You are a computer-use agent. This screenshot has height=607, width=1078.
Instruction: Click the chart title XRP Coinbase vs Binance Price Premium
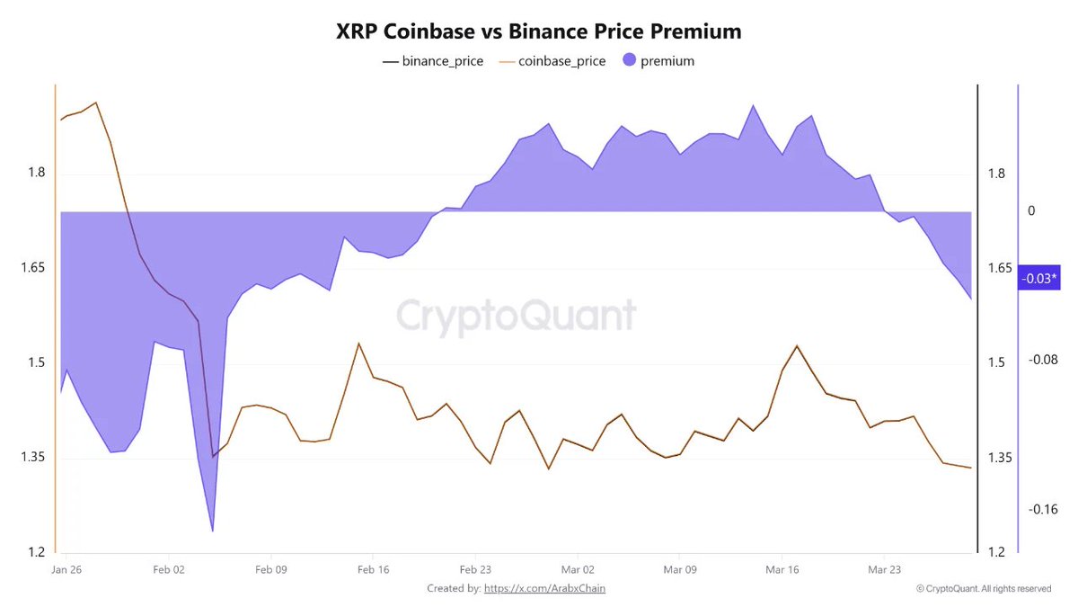[539, 31]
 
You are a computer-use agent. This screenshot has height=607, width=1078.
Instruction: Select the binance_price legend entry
[433, 61]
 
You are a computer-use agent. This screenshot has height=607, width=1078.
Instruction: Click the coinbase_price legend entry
[553, 61]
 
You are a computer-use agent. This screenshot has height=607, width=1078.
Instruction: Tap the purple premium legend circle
[629, 61]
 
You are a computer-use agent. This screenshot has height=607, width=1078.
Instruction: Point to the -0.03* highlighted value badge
[1039, 280]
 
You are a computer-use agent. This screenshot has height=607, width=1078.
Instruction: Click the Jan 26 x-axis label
[68, 570]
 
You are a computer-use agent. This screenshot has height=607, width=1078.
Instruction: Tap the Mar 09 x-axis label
[679, 570]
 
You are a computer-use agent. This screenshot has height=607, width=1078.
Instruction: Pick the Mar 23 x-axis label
[884, 570]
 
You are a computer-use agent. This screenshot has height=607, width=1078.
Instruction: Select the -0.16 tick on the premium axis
[1044, 510]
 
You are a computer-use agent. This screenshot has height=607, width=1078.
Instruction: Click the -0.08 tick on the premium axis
[1044, 360]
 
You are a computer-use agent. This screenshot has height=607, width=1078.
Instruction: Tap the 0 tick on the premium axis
[1031, 210]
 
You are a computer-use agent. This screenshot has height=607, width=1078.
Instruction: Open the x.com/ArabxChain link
[551, 588]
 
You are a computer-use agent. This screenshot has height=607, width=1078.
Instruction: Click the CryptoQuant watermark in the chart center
[517, 316]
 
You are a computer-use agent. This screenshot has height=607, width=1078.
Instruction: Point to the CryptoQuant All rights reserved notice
[984, 589]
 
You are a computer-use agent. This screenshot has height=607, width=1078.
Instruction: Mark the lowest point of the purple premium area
[212, 531]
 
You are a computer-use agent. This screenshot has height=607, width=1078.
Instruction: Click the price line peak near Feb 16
[358, 344]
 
